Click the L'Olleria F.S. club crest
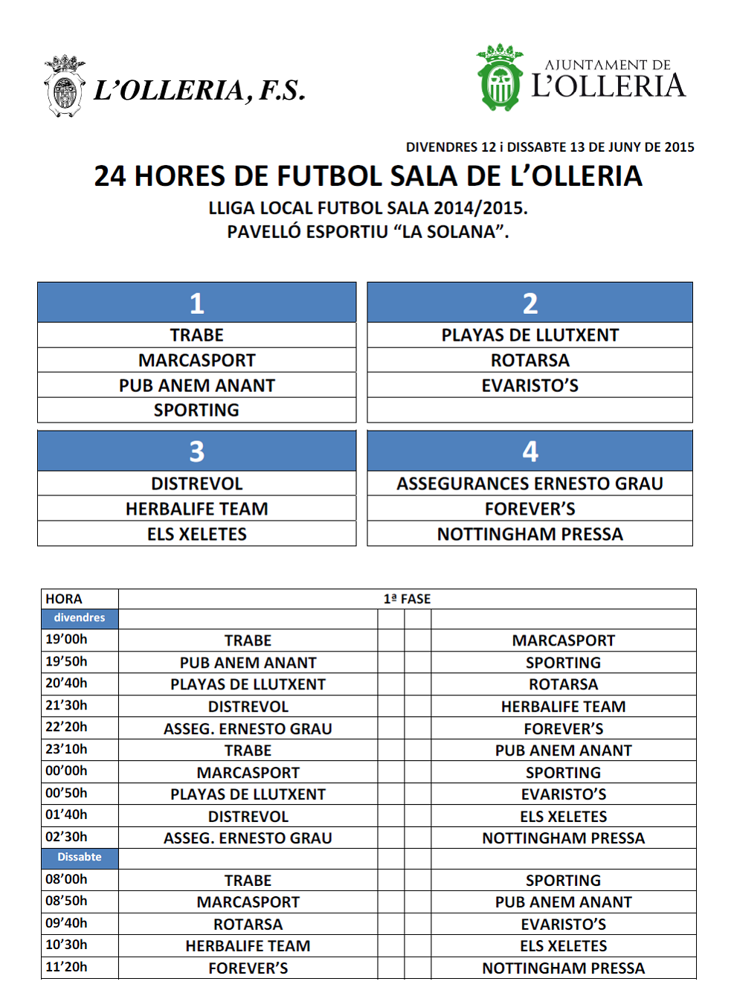[x=65, y=86]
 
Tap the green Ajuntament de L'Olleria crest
[x=500, y=78]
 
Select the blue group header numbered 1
[x=196, y=303]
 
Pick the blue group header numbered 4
[x=529, y=451]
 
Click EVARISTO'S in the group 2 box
[x=529, y=385]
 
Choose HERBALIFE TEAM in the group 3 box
[x=196, y=509]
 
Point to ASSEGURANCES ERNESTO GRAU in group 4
[x=529, y=483]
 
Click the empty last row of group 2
[x=529, y=410]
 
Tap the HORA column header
[x=64, y=599]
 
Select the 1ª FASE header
[x=407, y=599]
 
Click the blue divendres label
[x=80, y=618]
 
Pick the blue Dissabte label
[x=80, y=857]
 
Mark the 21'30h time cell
[x=66, y=705]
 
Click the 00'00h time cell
[x=66, y=771]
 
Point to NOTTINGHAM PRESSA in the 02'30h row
[x=563, y=838]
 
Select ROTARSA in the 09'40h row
[x=248, y=924]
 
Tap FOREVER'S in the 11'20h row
[x=248, y=968]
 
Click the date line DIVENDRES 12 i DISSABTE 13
[x=550, y=147]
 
